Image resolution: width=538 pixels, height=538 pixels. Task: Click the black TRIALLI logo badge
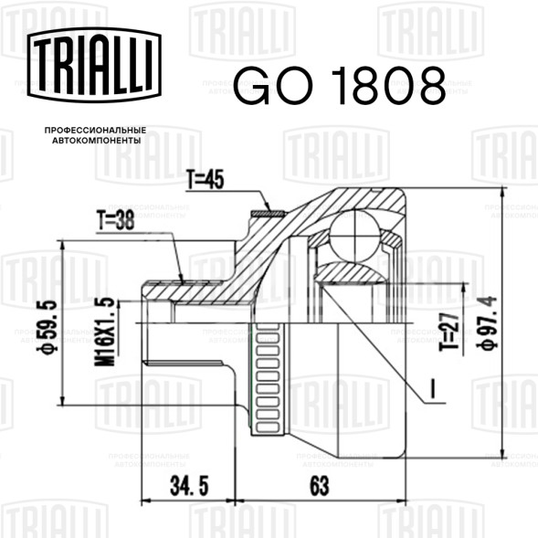pos(94,65)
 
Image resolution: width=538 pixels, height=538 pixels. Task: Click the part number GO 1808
pos(340,86)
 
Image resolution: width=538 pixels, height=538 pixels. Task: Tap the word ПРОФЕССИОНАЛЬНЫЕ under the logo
pos(95,131)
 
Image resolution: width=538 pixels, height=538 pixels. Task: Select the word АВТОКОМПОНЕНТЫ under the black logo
pos(97,141)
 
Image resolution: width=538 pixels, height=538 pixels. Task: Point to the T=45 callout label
pos(206,179)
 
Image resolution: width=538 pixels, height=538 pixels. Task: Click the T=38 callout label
pos(116,220)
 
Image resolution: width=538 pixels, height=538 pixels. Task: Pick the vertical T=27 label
pos(449,331)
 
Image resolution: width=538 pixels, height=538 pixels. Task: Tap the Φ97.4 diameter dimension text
pos(487,323)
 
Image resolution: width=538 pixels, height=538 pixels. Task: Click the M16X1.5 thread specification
pos(105,332)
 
